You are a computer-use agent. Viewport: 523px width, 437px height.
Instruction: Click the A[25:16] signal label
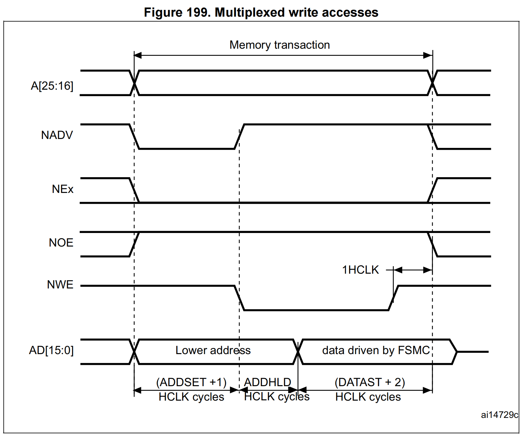52,86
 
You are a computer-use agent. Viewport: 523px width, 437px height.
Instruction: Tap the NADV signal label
57,135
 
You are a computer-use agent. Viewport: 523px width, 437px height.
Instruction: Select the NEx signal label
63,189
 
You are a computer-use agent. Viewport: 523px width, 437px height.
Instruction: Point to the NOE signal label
61,243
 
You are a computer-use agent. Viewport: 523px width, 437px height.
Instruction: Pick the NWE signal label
60,284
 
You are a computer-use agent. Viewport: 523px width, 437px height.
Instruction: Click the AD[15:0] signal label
51,350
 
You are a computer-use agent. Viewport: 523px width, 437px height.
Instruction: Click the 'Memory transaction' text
279,45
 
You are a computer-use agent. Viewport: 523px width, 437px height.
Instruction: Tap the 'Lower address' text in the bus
213,350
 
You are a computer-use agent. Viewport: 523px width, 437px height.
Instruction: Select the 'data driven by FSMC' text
376,350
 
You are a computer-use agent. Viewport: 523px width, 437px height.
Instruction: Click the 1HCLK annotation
360,270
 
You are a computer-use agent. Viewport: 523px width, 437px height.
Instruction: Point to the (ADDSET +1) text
191,382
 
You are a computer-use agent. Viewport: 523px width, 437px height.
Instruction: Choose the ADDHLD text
267,382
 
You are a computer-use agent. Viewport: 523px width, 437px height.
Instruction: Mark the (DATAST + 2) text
369,382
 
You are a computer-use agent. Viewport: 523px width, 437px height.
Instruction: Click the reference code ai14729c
499,415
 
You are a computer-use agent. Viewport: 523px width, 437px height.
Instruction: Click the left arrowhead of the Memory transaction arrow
138,55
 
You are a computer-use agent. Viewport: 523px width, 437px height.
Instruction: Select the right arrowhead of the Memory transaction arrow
428,55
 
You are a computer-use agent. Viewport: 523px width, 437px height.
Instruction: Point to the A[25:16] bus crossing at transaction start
134,83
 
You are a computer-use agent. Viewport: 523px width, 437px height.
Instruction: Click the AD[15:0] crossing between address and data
298,352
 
